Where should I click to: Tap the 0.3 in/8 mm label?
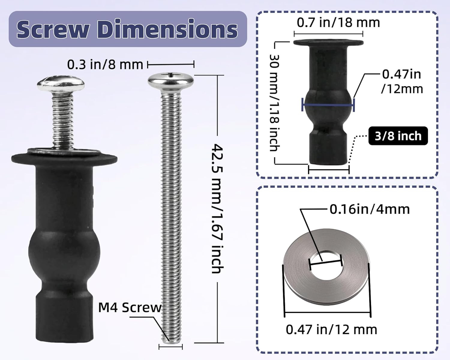[105, 64]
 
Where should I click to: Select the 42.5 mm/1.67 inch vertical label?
[217, 208]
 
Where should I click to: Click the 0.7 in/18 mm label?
[338, 22]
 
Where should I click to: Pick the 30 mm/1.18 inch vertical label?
[274, 103]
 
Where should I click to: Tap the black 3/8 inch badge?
[398, 136]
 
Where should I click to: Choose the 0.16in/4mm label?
[370, 209]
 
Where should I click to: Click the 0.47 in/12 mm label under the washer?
[331, 330]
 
